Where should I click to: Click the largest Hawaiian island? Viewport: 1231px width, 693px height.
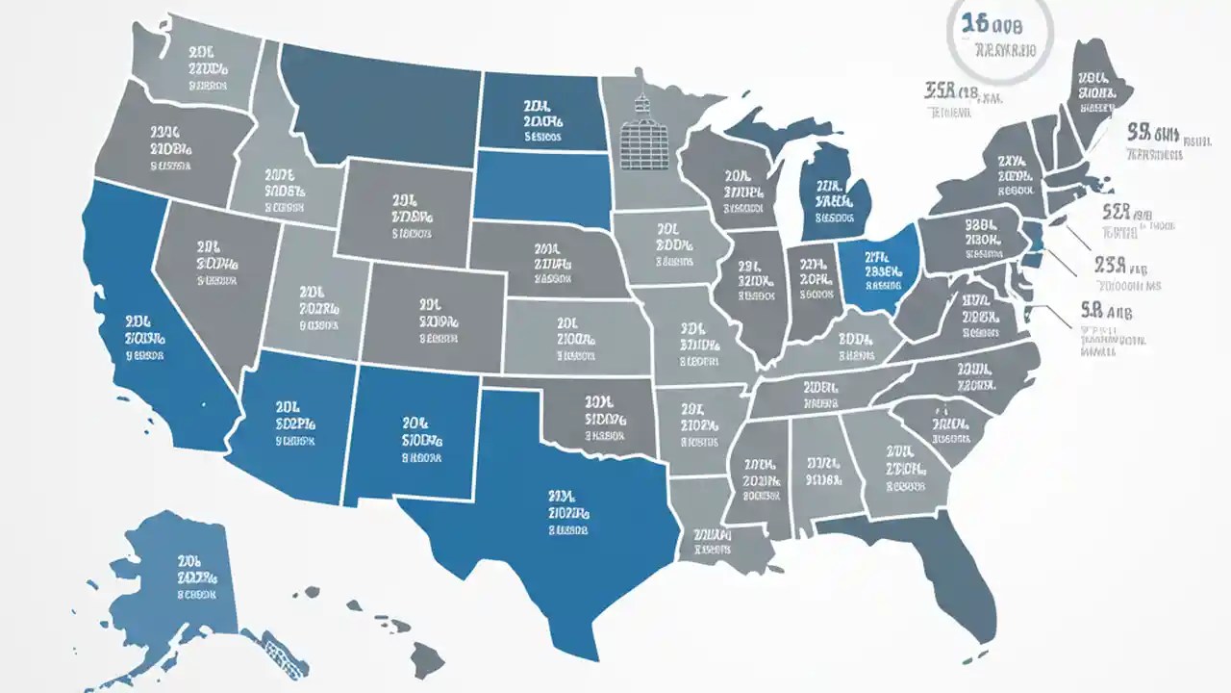[427, 659]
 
